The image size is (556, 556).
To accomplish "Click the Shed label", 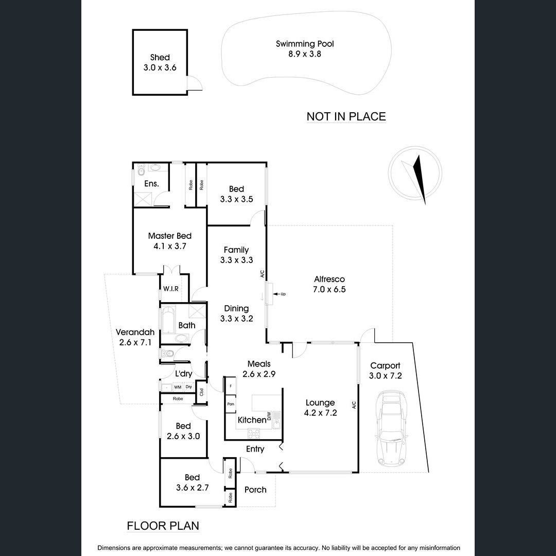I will [160, 58].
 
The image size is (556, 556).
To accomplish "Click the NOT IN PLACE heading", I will [346, 116].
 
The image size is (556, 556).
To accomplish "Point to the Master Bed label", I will [169, 236].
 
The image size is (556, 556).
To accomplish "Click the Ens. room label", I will [151, 184].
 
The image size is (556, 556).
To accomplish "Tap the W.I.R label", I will [170, 289].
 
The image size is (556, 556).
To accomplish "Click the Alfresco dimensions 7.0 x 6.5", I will [329, 290].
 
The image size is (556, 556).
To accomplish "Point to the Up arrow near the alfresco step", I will [279, 294].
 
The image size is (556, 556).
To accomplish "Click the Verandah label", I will [134, 332].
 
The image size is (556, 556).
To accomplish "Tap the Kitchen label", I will [252, 420].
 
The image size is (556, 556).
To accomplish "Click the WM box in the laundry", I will [177, 387].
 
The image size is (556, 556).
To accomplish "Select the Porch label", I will [255, 490].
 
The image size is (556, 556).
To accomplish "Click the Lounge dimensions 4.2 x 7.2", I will [320, 412].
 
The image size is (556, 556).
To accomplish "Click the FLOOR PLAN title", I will [163, 526].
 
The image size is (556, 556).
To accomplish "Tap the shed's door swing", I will [195, 84].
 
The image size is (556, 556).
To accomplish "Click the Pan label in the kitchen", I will [231, 404].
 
